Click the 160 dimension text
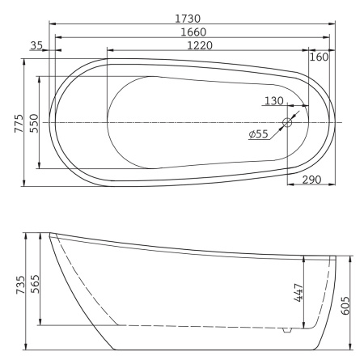click(x=319, y=57)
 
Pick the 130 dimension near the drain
click(x=274, y=100)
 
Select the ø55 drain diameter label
click(x=260, y=133)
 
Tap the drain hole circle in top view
click(x=287, y=123)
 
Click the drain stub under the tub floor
click(x=286, y=331)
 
